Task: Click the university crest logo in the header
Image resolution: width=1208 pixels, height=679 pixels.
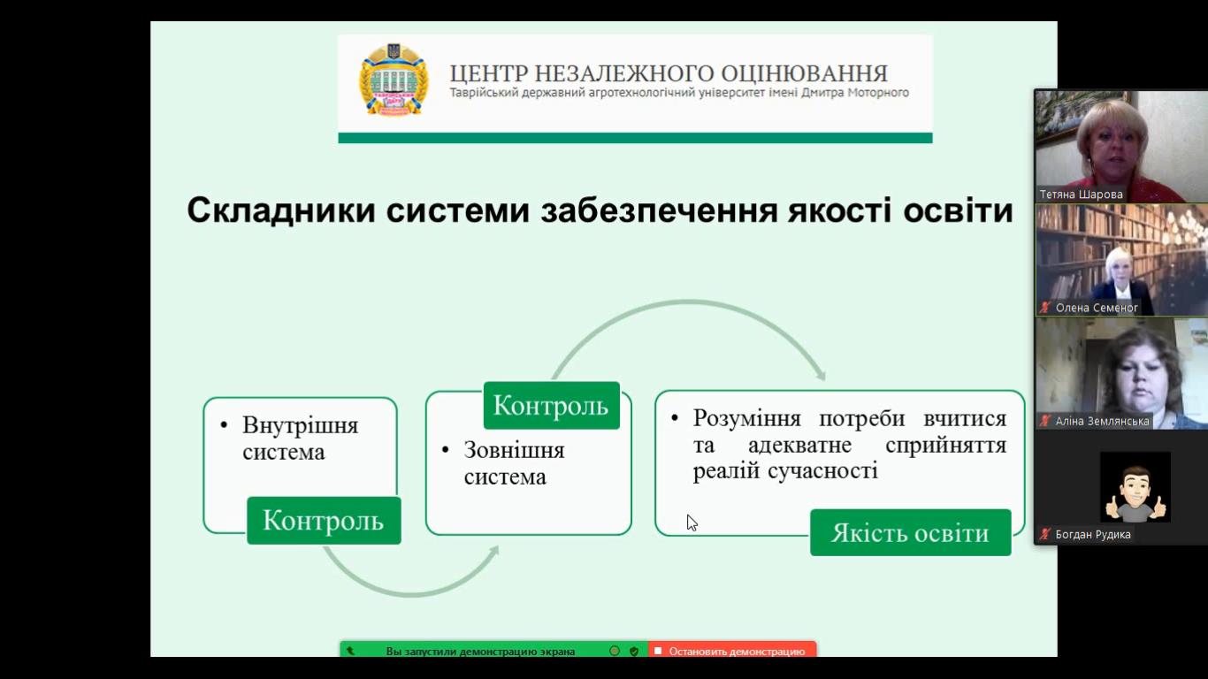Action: (394, 80)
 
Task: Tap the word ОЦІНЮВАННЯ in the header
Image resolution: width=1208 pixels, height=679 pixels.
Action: (804, 73)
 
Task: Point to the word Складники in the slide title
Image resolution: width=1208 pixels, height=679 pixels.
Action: (281, 210)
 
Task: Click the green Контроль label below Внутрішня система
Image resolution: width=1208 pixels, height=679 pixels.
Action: (324, 521)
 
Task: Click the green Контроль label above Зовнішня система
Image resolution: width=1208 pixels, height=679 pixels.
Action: (551, 406)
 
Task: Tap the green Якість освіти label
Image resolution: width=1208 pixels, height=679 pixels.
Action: (910, 533)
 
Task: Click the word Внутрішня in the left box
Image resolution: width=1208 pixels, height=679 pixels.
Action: (301, 425)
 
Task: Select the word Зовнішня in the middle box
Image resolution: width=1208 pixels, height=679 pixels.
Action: (514, 450)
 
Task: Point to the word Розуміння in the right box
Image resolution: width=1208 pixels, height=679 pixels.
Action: (747, 418)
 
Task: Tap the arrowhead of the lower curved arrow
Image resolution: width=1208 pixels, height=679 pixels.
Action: (492, 552)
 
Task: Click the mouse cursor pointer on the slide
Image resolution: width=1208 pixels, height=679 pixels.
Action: (692, 523)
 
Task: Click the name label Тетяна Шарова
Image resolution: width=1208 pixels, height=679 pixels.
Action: (1081, 195)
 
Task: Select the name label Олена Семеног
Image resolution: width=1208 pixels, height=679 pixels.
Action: (1097, 308)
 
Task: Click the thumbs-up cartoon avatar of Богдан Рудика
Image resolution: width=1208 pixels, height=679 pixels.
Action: (1135, 487)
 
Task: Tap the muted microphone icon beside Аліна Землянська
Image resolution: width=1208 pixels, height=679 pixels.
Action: (1045, 421)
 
